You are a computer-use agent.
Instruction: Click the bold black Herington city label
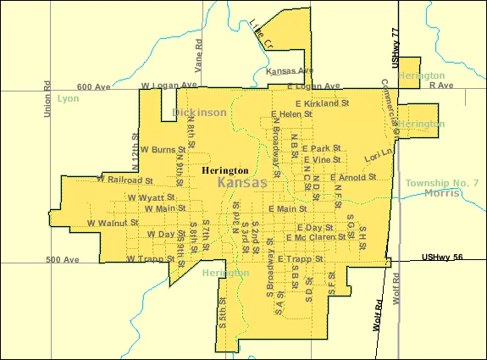pos(224,170)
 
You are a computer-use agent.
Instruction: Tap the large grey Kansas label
pos(241,183)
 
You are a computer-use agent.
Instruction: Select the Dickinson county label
pos(199,112)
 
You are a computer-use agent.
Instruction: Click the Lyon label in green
pos(69,98)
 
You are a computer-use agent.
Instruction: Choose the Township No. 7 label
pos(441,183)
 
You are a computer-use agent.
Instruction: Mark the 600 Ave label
pos(94,86)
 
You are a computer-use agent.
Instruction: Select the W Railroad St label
pos(125,180)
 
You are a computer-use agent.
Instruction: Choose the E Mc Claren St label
pos(316,237)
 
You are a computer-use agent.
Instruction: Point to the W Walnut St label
pos(112,223)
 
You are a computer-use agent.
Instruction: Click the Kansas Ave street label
pos(290,71)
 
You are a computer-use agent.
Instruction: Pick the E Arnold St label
pos(353,177)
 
